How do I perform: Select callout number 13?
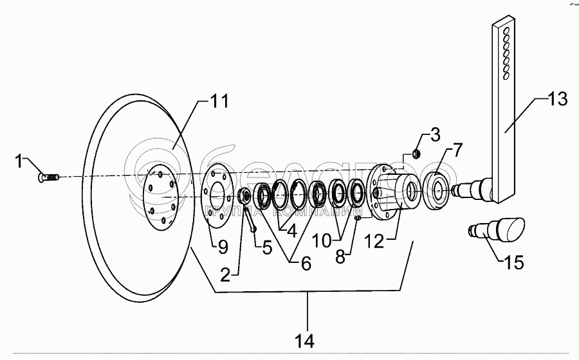tap(558, 99)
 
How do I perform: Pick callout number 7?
tap(455, 152)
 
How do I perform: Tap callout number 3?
tap(435, 134)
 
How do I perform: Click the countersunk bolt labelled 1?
tap(50, 175)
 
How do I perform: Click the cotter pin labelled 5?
tap(250, 219)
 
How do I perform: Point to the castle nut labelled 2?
tap(246, 196)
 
